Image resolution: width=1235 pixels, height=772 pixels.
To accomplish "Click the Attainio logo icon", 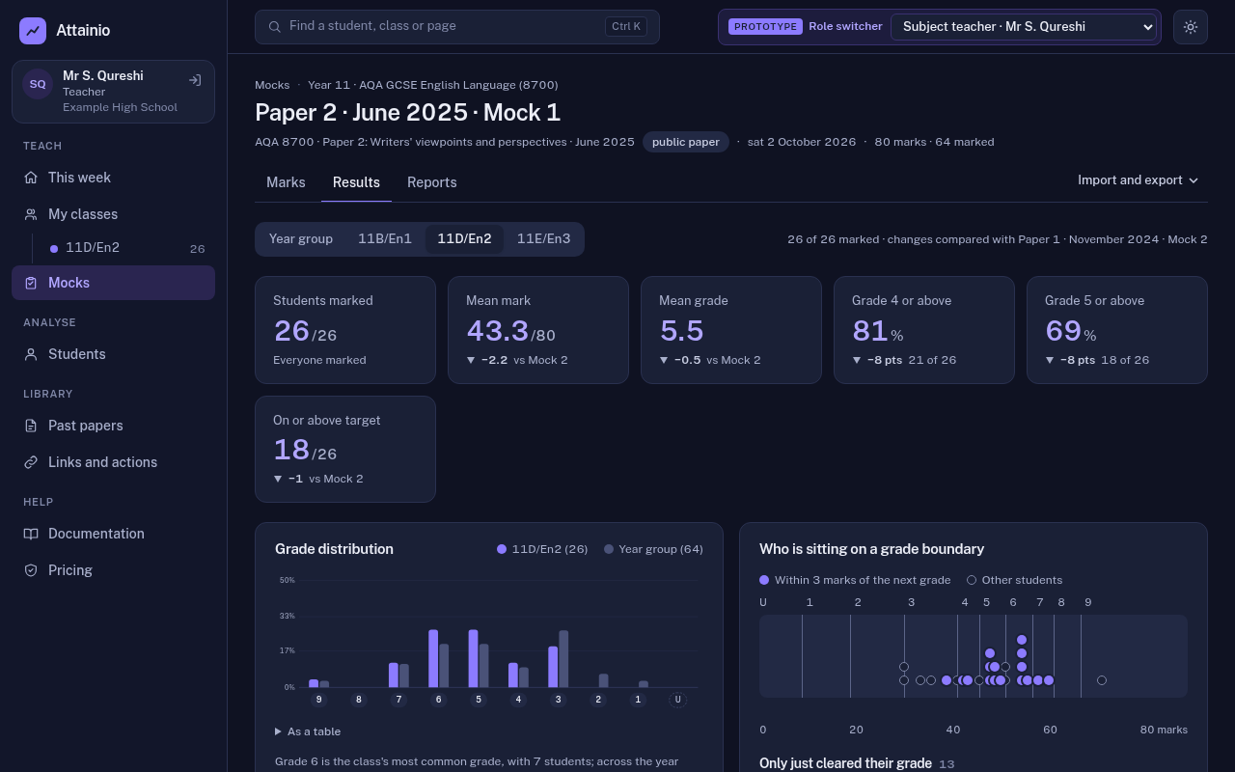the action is pyautogui.click(x=33, y=30).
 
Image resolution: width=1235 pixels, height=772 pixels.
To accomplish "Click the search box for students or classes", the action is pyautogui.click(x=457, y=26).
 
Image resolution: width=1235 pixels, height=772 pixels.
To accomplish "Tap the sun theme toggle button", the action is pyautogui.click(x=1191, y=26).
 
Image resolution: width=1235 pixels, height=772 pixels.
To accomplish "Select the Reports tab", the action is pyautogui.click(x=431, y=182).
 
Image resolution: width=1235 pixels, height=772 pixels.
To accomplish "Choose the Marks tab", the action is pyautogui.click(x=286, y=182).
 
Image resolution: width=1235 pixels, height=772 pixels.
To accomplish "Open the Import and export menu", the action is pyautogui.click(x=1138, y=180).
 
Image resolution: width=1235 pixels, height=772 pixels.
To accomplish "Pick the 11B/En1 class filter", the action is pyautogui.click(x=385, y=238).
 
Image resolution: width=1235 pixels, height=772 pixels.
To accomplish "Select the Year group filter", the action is pyautogui.click(x=300, y=238).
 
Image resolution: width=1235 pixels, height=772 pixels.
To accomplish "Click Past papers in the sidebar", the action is pyautogui.click(x=86, y=426).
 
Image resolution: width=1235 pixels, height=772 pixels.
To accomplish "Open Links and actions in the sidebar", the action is pyautogui.click(x=102, y=462).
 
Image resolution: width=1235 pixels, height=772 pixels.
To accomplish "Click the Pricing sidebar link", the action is pyautogui.click(x=70, y=570).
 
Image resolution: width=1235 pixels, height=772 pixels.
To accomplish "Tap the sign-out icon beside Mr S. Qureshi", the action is pyautogui.click(x=195, y=80).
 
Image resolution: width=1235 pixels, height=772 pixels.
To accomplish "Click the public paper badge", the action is pyautogui.click(x=685, y=142).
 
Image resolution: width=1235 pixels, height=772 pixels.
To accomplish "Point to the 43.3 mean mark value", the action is pyautogui.click(x=497, y=331).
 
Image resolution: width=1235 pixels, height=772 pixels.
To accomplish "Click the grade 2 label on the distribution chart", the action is pyautogui.click(x=598, y=700).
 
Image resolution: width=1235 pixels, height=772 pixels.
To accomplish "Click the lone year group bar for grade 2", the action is pyautogui.click(x=604, y=680).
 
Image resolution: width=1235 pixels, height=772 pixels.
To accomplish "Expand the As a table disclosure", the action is pyautogui.click(x=308, y=731).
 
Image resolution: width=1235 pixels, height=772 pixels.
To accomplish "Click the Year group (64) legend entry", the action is pyautogui.click(x=653, y=549).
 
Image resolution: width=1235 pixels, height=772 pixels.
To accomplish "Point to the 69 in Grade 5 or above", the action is pyautogui.click(x=1062, y=331).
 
